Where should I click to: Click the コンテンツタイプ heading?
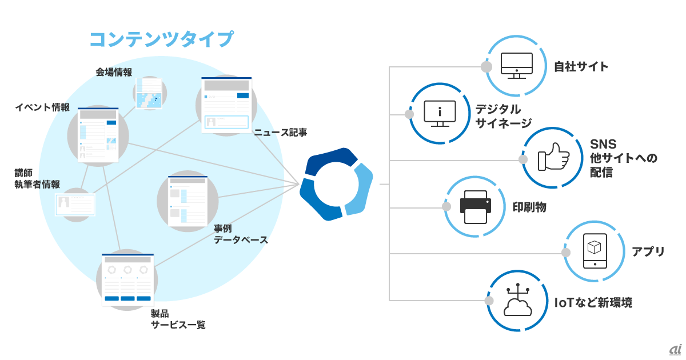(x=161, y=39)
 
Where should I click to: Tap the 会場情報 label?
(x=114, y=72)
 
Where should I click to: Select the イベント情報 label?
(x=42, y=107)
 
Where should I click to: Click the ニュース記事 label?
(x=281, y=133)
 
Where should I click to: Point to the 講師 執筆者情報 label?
(x=37, y=178)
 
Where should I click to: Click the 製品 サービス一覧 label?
(x=178, y=319)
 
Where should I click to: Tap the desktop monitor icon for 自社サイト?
(x=516, y=66)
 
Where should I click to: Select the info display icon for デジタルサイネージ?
(x=440, y=113)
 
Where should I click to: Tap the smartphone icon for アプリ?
(x=595, y=251)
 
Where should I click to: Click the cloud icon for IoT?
(x=517, y=301)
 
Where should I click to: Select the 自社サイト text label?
(x=581, y=67)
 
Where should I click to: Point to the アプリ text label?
(x=648, y=252)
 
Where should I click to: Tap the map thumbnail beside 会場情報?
(x=148, y=93)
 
